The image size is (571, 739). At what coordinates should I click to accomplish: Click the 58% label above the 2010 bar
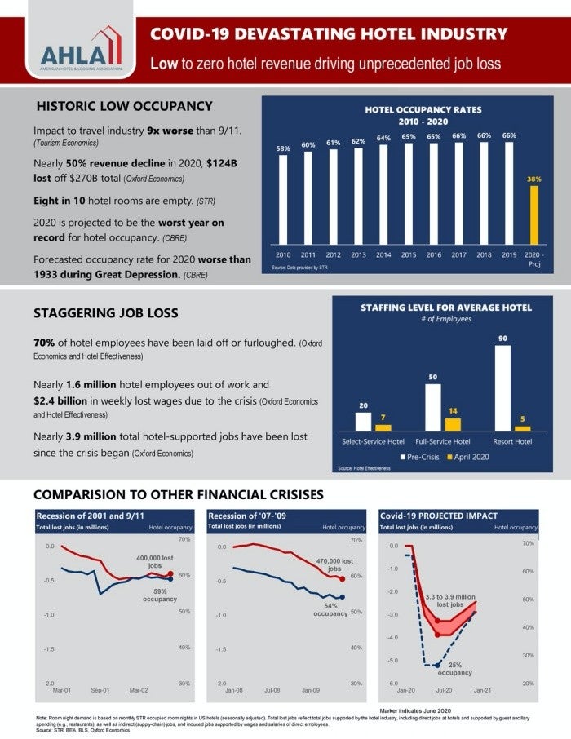(x=282, y=148)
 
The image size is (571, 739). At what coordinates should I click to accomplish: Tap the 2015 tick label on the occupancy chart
(x=409, y=254)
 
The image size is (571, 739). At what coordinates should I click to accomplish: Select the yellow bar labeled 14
(x=453, y=424)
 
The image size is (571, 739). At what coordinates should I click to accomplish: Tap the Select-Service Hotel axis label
(x=373, y=441)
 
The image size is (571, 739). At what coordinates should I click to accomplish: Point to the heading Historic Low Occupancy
(x=124, y=106)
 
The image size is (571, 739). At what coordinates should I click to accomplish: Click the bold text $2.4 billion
(x=69, y=401)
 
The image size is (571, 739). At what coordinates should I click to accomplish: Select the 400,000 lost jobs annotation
(x=154, y=562)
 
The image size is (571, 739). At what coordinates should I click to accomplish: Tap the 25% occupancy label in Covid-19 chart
(x=454, y=669)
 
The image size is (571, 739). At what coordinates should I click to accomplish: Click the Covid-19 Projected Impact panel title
(x=439, y=516)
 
